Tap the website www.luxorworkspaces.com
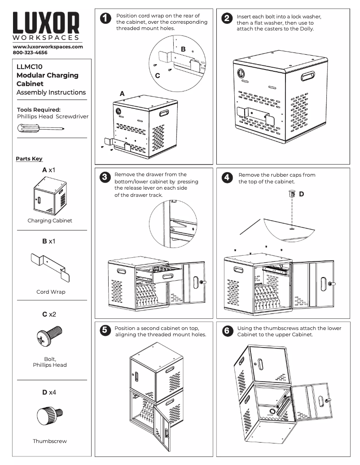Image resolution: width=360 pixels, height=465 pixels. tap(48, 47)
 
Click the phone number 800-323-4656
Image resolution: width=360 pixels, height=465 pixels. tap(30, 52)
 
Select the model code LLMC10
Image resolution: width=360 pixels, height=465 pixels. tap(29, 67)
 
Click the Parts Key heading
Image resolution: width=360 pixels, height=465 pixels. tap(29, 159)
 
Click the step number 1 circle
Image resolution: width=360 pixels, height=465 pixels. tap(105, 19)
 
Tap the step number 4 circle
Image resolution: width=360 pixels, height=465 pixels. tap(227, 178)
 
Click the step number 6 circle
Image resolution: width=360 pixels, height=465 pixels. tap(227, 331)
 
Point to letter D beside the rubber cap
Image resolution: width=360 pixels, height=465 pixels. tap(302, 194)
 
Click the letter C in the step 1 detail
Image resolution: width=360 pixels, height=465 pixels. tap(158, 76)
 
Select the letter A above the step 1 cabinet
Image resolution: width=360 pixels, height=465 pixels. tap(122, 94)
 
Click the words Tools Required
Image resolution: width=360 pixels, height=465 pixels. tap(39, 109)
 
